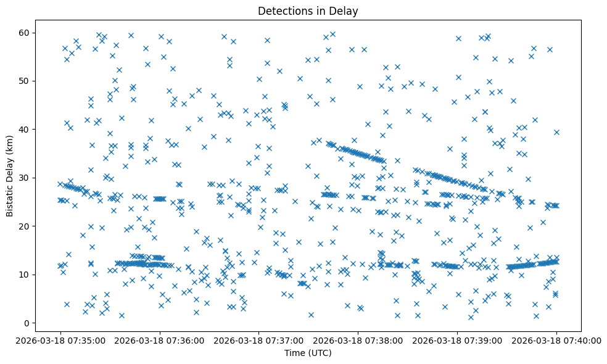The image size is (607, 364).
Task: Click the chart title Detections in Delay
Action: pos(308,10)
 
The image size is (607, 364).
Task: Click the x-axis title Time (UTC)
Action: pos(308,353)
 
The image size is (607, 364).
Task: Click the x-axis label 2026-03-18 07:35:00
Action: pos(60,340)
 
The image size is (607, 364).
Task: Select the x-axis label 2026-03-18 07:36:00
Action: pos(160,340)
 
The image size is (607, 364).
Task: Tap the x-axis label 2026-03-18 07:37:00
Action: pos(259,340)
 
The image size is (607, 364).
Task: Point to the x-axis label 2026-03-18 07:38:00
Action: pos(358,340)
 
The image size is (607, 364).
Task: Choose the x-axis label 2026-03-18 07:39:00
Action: pos(457,340)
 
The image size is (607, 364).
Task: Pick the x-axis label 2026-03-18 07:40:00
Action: pos(556,340)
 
